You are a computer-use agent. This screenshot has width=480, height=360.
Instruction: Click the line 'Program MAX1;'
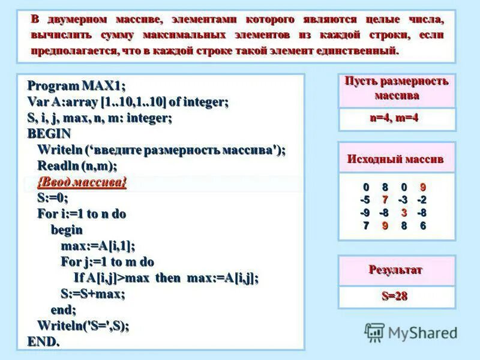tap(76, 86)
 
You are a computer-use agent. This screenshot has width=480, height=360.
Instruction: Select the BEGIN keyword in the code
tap(49, 134)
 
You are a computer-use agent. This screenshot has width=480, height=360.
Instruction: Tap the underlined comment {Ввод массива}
tap(82, 182)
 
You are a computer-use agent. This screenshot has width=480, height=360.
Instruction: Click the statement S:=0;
tap(53, 198)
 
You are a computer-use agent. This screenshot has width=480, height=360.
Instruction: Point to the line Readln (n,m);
tap(77, 166)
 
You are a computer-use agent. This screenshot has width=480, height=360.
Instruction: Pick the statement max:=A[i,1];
tap(98, 246)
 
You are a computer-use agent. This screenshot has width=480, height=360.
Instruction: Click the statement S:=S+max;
tap(93, 294)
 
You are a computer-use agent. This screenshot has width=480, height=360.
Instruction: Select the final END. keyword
tap(43, 342)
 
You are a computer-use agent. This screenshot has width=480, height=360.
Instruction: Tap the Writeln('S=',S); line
tap(83, 326)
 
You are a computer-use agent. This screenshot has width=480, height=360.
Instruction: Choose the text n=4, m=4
tap(394, 118)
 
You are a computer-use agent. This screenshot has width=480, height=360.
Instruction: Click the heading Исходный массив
tap(395, 159)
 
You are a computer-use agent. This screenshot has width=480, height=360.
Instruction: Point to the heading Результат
tap(395, 269)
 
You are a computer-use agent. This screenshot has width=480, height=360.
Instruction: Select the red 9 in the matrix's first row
tap(422, 187)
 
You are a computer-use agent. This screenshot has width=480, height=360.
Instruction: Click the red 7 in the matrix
tap(385, 200)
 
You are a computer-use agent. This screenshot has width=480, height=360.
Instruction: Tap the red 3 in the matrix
tap(404, 212)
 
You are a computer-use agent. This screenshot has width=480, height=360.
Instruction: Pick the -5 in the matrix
tap(365, 200)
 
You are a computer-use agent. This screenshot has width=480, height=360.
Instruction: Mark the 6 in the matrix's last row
tap(422, 226)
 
